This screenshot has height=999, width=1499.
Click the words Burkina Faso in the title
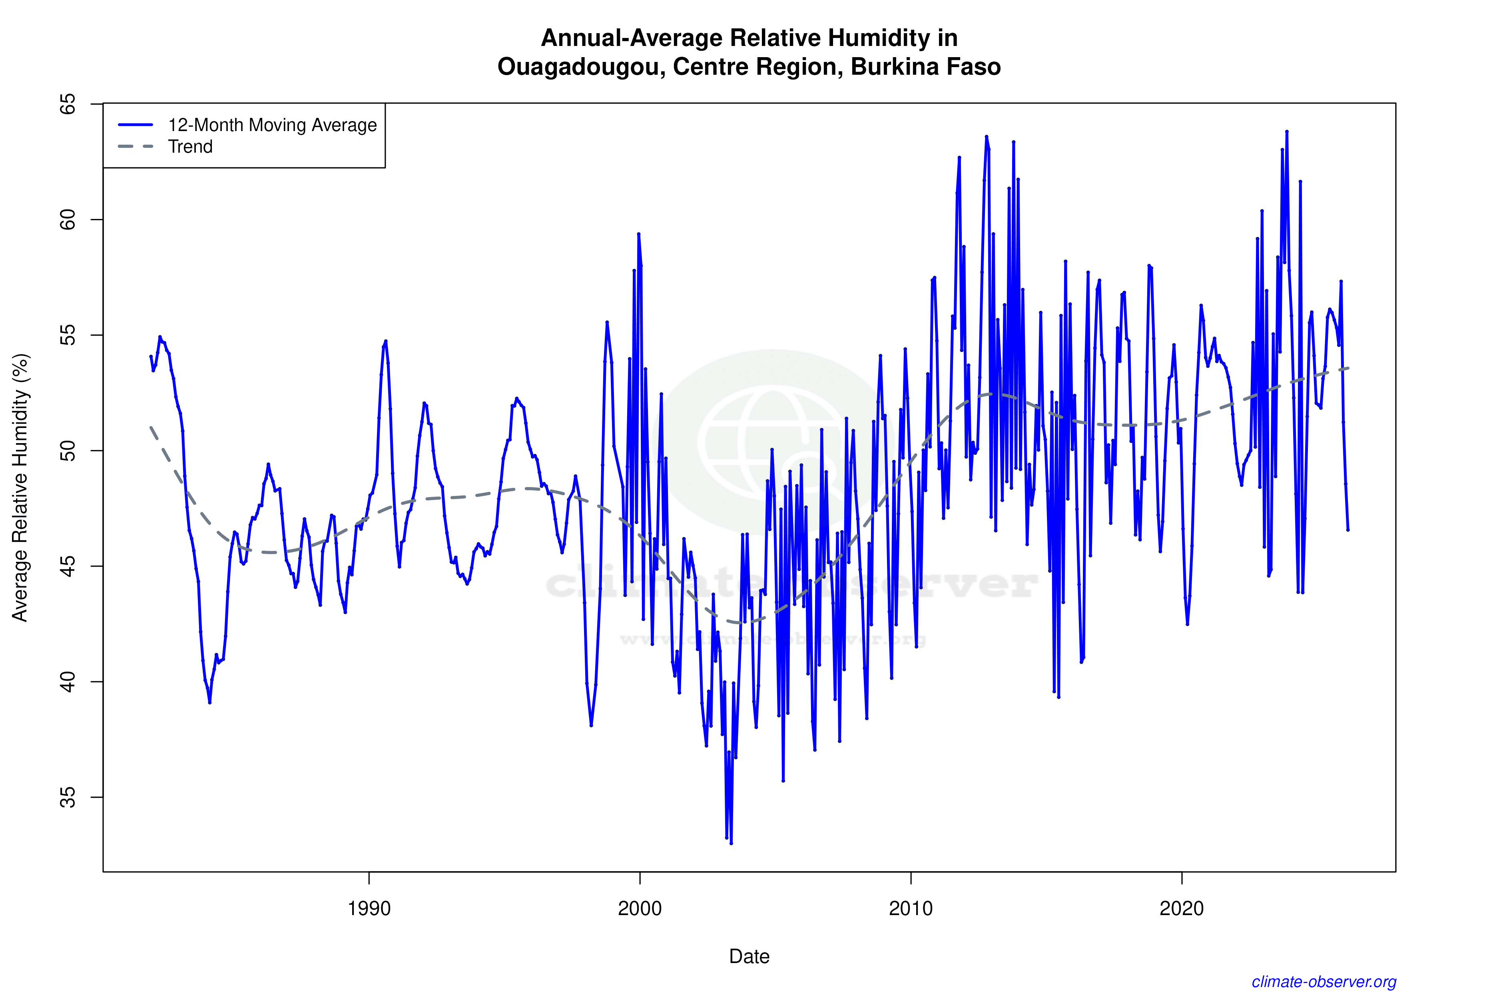click(925, 67)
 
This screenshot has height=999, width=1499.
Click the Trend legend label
click(190, 147)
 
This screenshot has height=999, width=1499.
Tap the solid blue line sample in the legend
click(136, 125)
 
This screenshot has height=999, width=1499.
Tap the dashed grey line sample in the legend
click(136, 147)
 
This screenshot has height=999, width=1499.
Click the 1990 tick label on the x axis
click(369, 908)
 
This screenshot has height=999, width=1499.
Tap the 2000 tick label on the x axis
click(640, 908)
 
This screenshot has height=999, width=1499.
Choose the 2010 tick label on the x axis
click(911, 908)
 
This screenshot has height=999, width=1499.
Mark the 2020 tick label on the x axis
click(1182, 908)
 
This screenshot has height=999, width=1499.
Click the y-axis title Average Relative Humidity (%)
click(20, 488)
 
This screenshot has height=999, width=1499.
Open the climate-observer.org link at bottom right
click(1324, 982)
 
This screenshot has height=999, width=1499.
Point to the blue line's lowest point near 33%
click(731, 843)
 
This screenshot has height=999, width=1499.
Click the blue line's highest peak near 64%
click(1287, 132)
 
